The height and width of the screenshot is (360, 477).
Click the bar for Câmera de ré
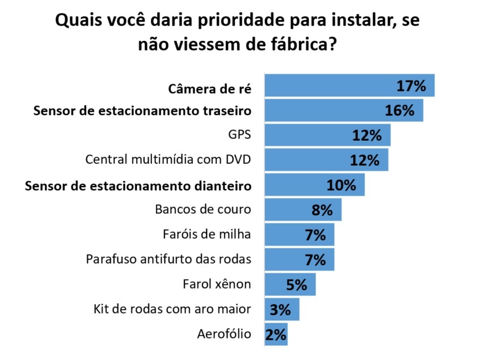(x=329, y=86)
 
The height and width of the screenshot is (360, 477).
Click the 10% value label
(x=341, y=185)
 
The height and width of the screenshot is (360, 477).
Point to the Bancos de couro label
(x=202, y=209)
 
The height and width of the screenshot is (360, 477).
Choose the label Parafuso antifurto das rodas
(x=168, y=259)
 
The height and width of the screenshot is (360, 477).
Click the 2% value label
(x=276, y=334)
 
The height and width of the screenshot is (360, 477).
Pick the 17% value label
(x=411, y=86)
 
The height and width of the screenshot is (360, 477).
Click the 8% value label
(x=322, y=210)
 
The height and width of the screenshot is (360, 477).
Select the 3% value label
(x=280, y=309)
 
